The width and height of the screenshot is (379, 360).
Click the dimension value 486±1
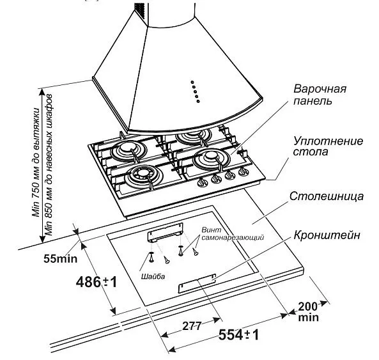(97, 281)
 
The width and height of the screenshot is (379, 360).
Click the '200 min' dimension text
(309, 311)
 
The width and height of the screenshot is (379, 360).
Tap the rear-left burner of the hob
(126, 152)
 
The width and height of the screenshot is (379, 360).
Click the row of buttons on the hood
(195, 91)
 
